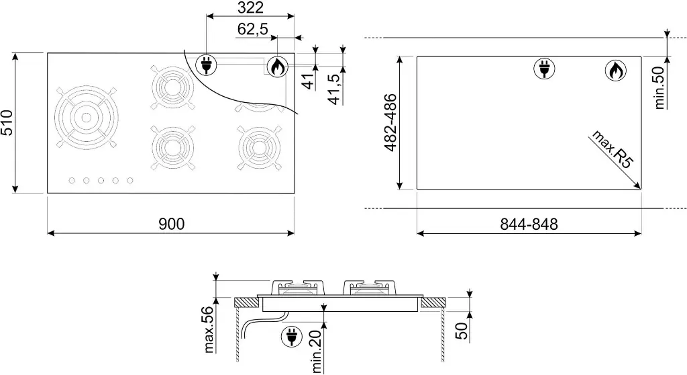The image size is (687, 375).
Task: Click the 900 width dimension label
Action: [171, 224]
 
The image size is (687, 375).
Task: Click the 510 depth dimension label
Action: [7, 123]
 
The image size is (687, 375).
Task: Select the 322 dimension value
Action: [250, 7]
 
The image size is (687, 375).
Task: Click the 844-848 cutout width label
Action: [529, 224]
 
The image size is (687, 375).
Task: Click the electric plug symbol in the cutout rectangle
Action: [543, 69]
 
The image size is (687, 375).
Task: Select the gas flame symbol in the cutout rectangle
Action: [615, 71]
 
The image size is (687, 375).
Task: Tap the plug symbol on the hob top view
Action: [206, 66]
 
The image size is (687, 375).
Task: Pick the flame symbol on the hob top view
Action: [277, 67]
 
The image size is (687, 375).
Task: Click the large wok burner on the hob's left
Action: [86, 118]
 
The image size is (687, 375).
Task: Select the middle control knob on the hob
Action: [101, 180]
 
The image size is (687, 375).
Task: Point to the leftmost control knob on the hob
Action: [72, 180]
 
